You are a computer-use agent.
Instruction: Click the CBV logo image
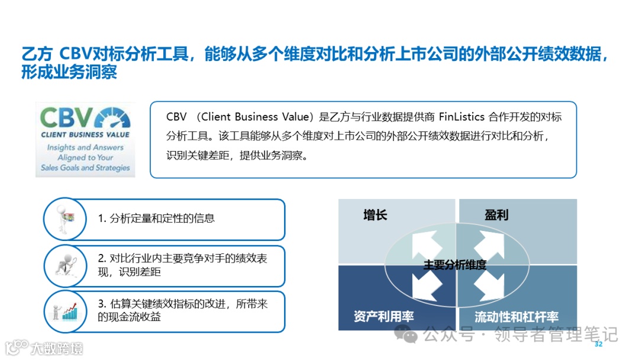pyautogui.click(x=85, y=140)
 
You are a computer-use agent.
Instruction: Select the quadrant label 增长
pyautogui.click(x=375, y=215)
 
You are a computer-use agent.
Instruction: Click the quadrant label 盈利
pyautogui.click(x=496, y=215)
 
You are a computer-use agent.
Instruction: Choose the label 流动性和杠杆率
pyautogui.click(x=517, y=317)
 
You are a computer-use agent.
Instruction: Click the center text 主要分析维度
pyautogui.click(x=456, y=265)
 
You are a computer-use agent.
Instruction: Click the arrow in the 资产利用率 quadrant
pyautogui.click(x=428, y=285)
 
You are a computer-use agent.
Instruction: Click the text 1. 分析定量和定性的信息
pyautogui.click(x=156, y=218)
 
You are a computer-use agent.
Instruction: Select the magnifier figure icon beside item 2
pyautogui.click(x=64, y=265)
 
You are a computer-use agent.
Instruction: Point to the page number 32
pyautogui.click(x=598, y=344)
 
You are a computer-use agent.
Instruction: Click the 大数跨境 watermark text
pyautogui.click(x=57, y=348)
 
